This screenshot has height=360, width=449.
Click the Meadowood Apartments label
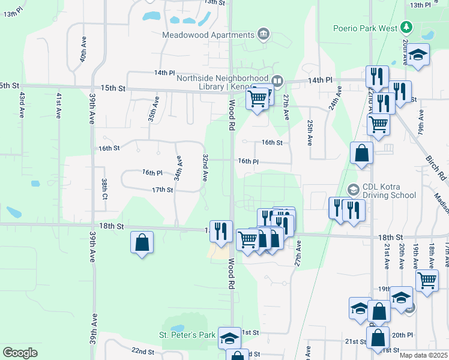[207, 34]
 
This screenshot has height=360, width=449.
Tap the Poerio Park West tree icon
[407, 28]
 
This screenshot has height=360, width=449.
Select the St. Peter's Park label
[187, 334]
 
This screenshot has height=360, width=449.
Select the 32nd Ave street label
[205, 168]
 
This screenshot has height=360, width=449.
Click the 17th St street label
[162, 190]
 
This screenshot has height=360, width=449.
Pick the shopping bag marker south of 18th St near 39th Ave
[142, 243]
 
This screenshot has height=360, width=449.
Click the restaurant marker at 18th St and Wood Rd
[220, 231]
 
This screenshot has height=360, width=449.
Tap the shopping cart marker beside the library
[258, 98]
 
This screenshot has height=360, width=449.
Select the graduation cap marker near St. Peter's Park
[229, 338]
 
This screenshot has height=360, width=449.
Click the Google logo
[20, 353]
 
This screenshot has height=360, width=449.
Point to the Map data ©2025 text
[423, 355]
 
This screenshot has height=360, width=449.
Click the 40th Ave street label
[82, 52]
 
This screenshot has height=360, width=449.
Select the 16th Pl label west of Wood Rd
[152, 172]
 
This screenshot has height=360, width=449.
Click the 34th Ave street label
[178, 169]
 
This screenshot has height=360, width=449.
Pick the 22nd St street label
[143, 350]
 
